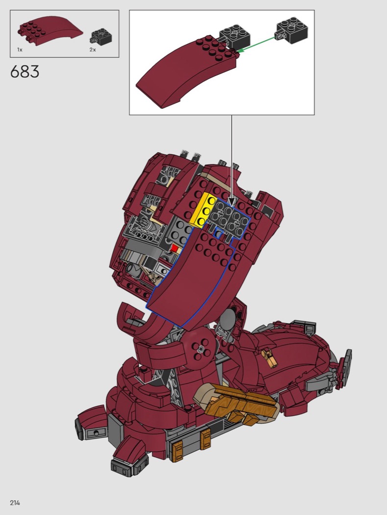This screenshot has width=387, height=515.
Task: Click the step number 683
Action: (x=24, y=72)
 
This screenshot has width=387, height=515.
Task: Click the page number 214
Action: (x=15, y=503)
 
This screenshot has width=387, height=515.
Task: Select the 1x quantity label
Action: (x=20, y=50)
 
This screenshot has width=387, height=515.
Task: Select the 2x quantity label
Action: (x=93, y=50)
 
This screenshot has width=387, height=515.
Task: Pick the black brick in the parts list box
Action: (x=101, y=36)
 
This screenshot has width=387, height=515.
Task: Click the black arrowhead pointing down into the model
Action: (x=232, y=201)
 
